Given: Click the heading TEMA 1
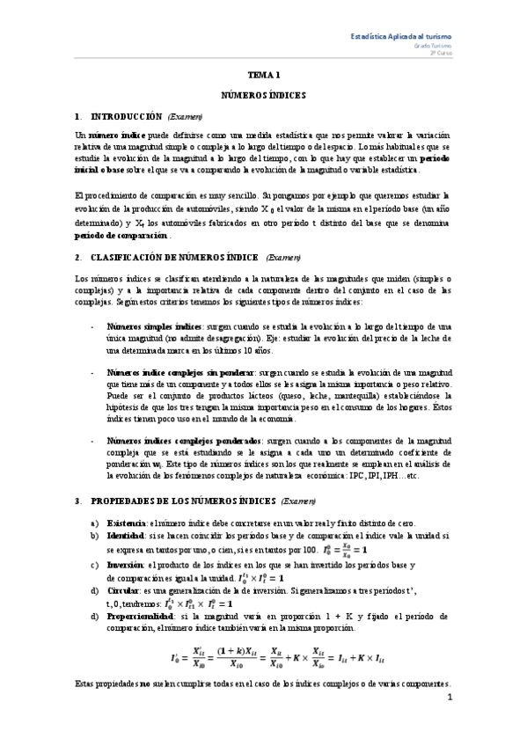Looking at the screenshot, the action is (263, 77).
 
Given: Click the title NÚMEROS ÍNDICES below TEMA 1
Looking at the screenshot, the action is (263, 93).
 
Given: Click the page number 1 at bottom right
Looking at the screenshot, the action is (449, 724).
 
